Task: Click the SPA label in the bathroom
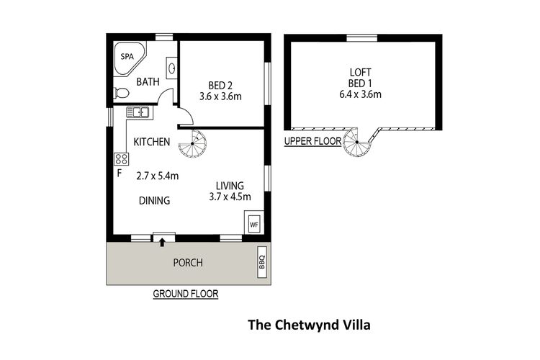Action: pos(127,55)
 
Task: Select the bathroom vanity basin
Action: pos(172,69)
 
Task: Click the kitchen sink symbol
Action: pos(137,112)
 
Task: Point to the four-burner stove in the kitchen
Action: pos(121,158)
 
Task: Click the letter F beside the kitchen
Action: pos(119,173)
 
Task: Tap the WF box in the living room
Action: pos(253,224)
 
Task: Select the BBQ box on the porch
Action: pos(262,262)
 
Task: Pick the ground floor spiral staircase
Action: pos(193,144)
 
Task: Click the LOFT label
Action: pos(360,72)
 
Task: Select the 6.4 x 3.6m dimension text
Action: pos(360,94)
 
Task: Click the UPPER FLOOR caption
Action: pos(312,141)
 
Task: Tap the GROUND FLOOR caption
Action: pos(186,294)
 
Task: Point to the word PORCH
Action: pos(188,263)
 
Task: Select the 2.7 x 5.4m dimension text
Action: pos(158,176)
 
